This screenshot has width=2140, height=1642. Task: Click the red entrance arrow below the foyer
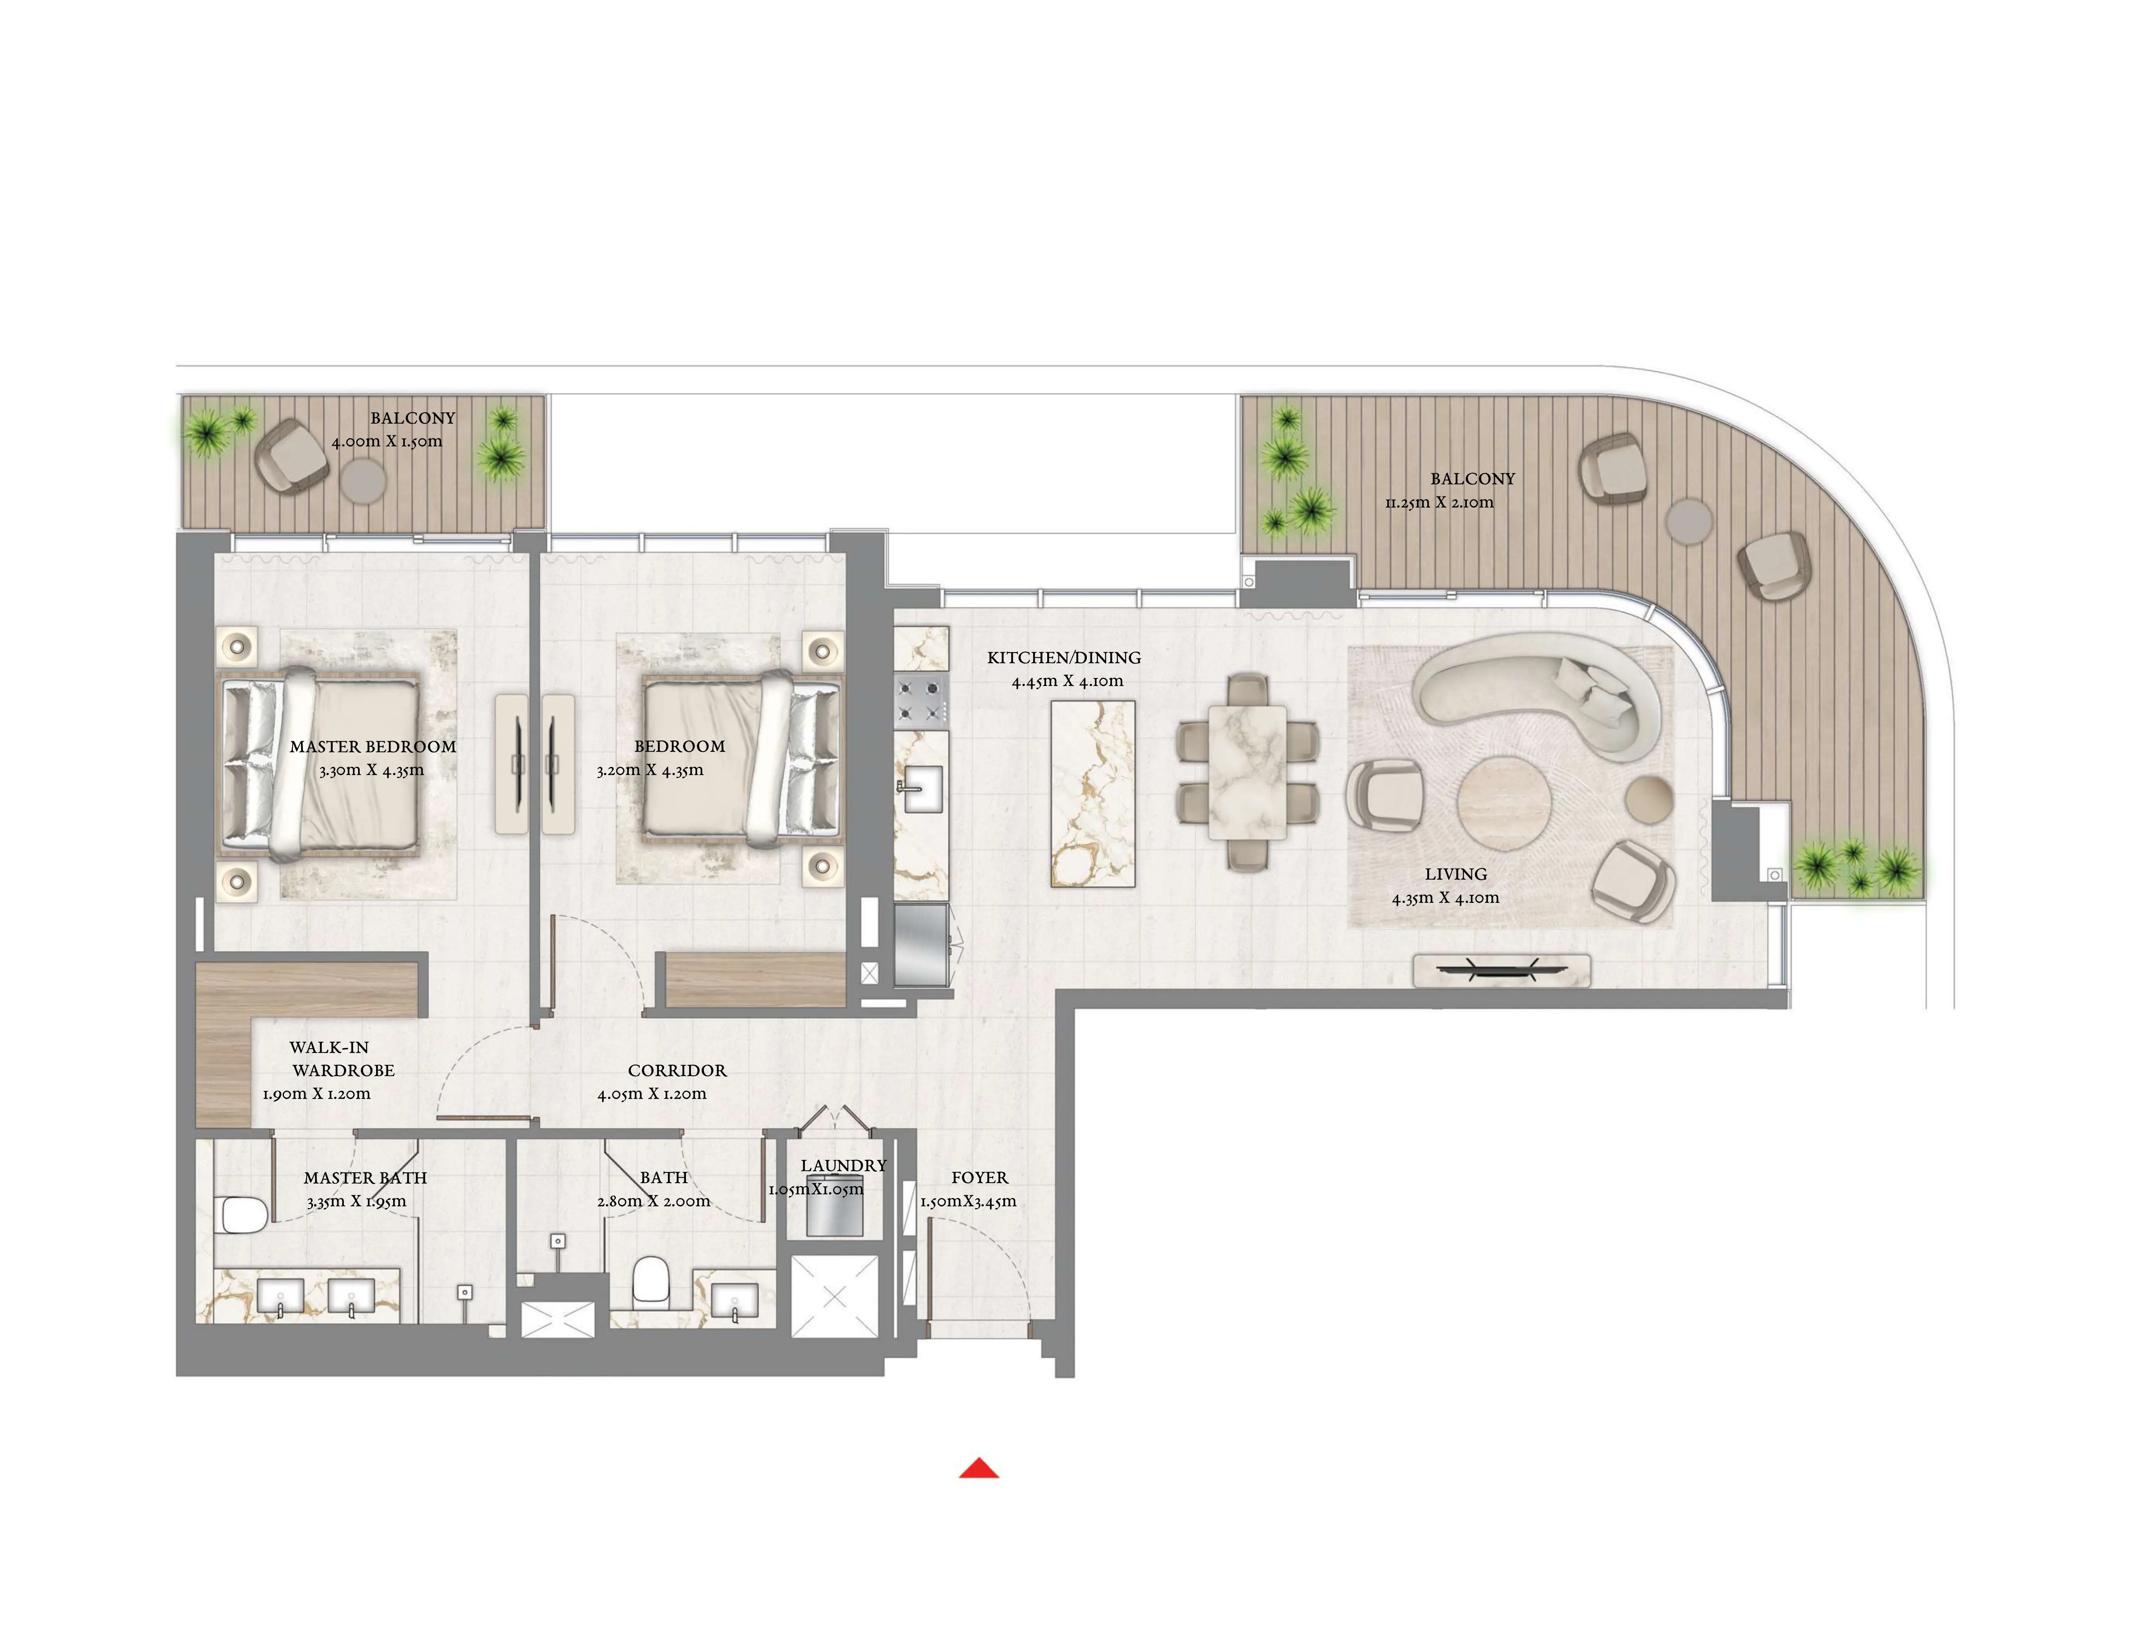pyautogui.click(x=978, y=1468)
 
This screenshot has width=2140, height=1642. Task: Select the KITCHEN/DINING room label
pyautogui.click(x=1063, y=658)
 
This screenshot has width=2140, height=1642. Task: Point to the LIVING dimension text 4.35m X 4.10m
pyautogui.click(x=1445, y=897)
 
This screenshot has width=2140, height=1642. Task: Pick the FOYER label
pyautogui.click(x=979, y=1178)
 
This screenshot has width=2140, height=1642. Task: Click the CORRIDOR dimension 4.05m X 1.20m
pyautogui.click(x=652, y=1094)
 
